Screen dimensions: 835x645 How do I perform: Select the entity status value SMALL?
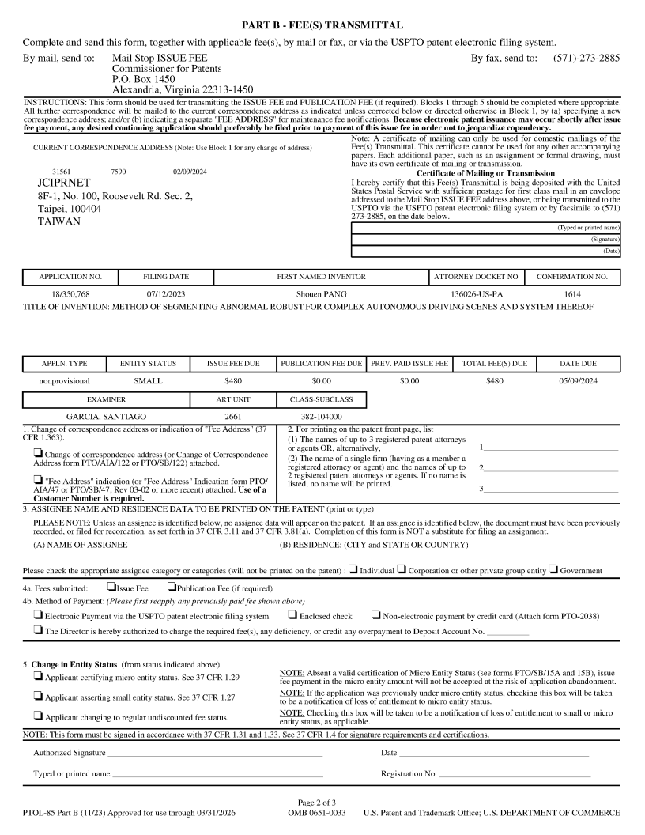[x=148, y=380]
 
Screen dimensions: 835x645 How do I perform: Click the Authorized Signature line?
[x=214, y=753]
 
